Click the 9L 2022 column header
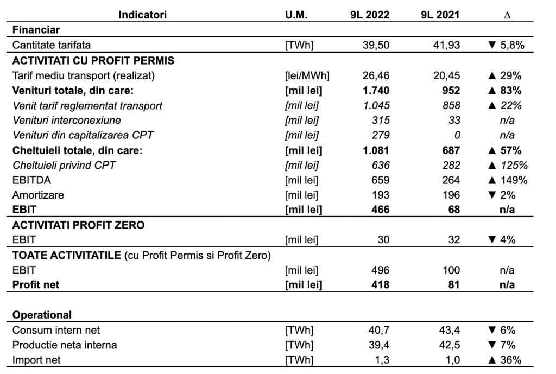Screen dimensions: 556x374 coord(370,15)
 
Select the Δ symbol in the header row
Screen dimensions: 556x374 coord(507,15)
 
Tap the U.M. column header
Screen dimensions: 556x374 coord(296,15)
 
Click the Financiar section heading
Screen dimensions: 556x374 coord(36,30)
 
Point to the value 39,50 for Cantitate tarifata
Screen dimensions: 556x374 coord(376,45)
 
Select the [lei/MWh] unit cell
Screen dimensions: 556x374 coord(307,75)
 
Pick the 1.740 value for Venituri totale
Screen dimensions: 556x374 coord(376,91)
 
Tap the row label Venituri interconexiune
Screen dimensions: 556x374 coord(67,120)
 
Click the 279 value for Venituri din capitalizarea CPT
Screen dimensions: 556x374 coord(381,135)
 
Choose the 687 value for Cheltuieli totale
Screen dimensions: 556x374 coord(451,150)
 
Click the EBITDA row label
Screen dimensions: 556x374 coord(31,180)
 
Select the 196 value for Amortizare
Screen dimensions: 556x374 coord(451,195)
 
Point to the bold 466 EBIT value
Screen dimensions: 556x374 coord(381,210)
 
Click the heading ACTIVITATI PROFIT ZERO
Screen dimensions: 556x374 coord(78,225)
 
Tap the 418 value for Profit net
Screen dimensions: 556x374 coord(381,284)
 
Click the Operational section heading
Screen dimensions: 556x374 coord(42,315)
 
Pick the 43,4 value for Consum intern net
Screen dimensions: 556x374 coord(449,330)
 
